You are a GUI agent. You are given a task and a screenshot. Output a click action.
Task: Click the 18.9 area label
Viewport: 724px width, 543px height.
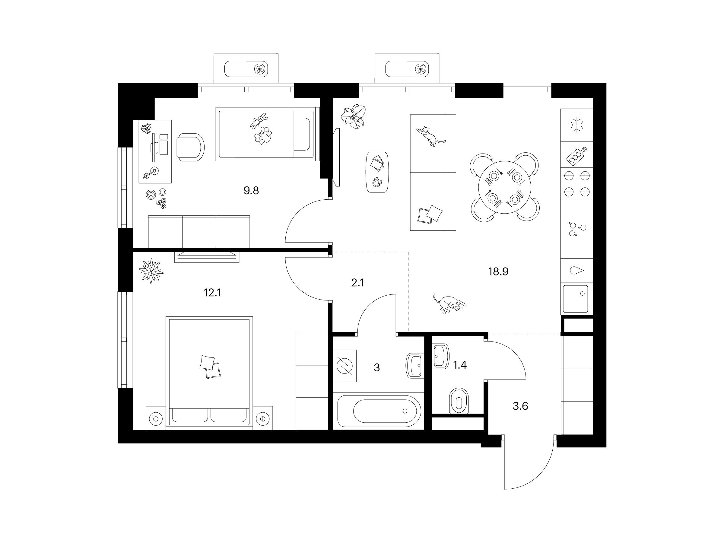pos(498,272)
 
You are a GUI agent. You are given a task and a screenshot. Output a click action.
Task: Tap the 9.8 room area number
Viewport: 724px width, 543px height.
pos(251,190)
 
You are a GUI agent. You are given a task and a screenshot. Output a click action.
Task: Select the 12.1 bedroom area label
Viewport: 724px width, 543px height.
pos(212,293)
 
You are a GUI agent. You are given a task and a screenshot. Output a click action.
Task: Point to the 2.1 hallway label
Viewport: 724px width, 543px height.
pos(357,283)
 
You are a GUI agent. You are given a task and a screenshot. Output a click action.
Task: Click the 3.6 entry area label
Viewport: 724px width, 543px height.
pos(520,406)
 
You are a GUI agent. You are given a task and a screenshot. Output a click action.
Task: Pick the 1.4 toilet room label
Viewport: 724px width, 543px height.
pos(459,365)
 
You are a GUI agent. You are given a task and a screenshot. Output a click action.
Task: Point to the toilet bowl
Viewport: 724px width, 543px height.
pos(459,401)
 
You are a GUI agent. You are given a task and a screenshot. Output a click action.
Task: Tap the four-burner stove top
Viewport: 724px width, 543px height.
pos(577,184)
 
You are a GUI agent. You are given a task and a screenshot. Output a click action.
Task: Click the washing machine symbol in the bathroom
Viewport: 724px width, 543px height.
pos(345,366)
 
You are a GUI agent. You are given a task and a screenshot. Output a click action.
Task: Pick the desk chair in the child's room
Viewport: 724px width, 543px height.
pos(190,147)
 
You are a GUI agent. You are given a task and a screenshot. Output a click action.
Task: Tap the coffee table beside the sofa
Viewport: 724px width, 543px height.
pos(378,172)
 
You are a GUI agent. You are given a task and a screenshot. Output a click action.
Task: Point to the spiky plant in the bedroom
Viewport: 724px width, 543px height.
pos(151,271)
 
